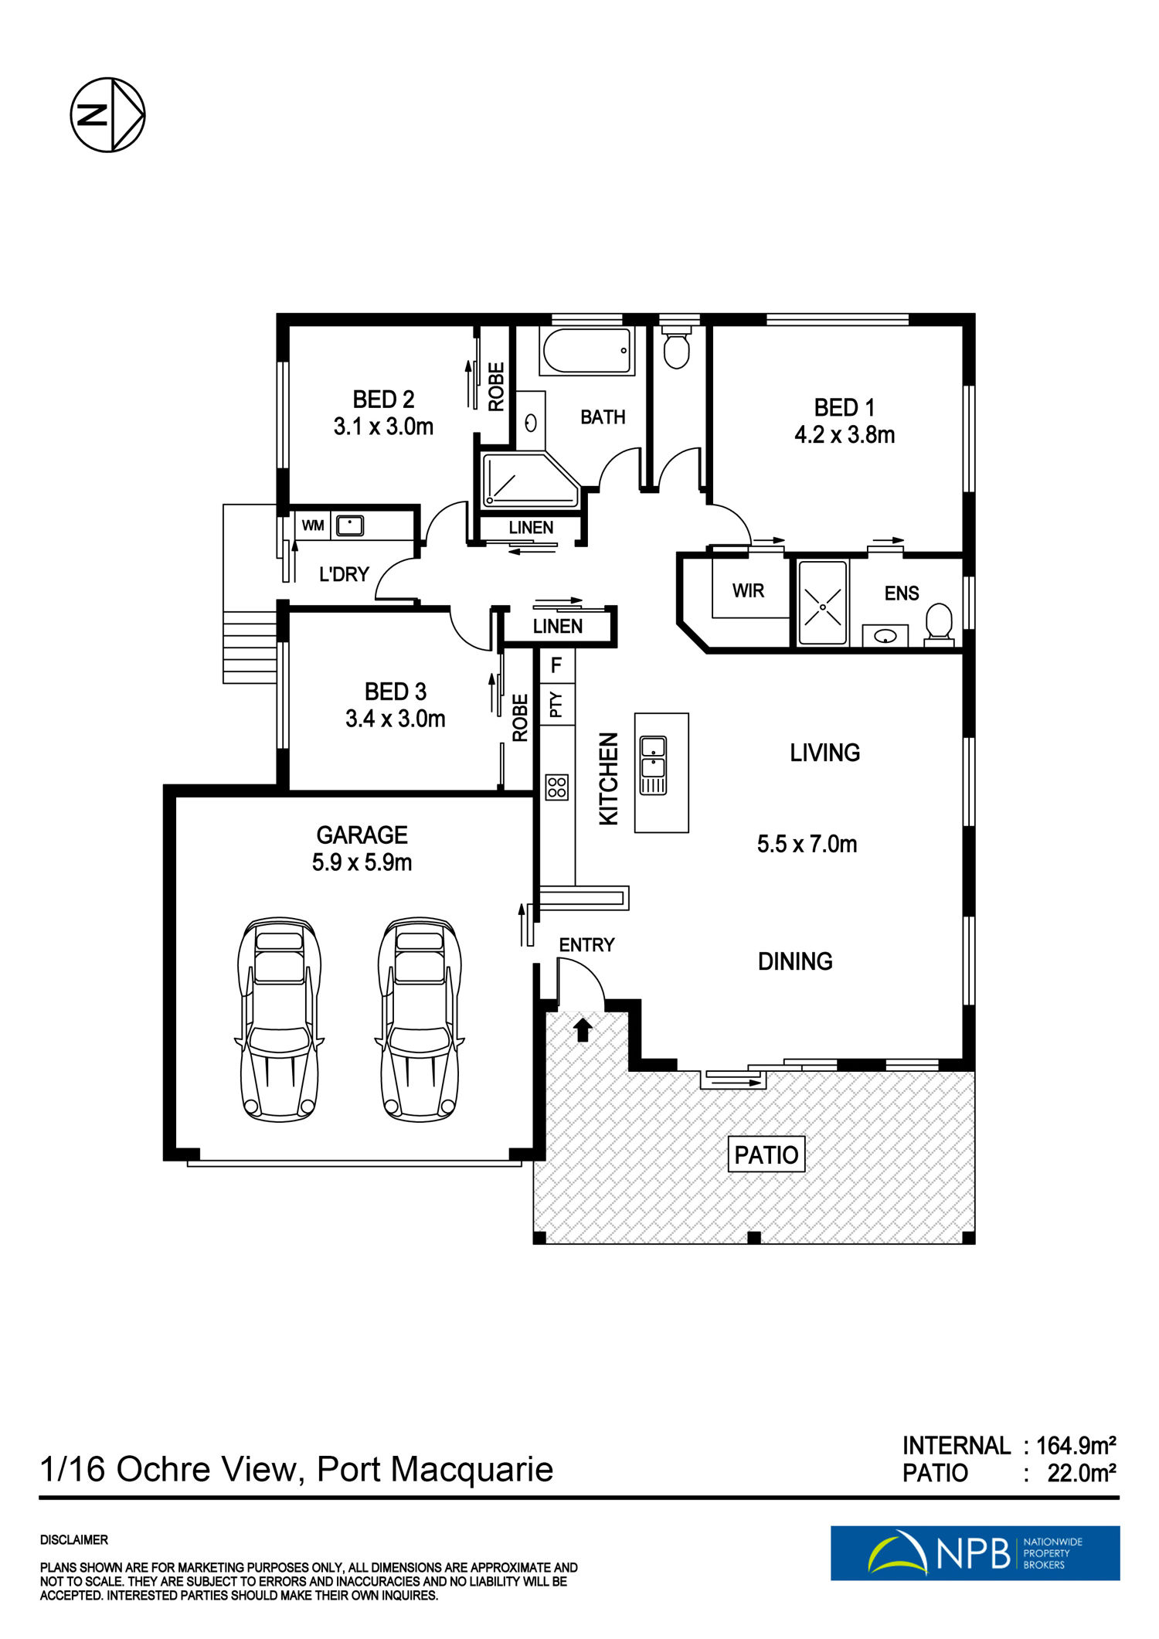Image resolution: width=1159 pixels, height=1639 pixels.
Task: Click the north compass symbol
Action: click(107, 114)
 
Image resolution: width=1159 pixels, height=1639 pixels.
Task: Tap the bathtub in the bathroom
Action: click(587, 352)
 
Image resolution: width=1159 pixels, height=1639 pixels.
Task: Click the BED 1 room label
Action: click(845, 407)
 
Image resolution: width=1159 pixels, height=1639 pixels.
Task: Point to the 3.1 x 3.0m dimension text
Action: click(383, 427)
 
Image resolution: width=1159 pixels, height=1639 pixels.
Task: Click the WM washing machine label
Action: click(313, 525)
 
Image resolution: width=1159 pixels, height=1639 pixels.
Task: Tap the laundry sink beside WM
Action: click(350, 525)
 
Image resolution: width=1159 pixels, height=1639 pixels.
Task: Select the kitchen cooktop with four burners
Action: click(557, 787)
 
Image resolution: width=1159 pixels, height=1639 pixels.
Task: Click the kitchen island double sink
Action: click(653, 765)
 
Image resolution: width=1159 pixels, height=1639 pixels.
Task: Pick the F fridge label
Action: click(556, 665)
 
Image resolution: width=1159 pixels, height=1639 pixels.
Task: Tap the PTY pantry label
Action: click(556, 704)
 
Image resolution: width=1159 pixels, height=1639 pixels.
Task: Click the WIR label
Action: click(748, 591)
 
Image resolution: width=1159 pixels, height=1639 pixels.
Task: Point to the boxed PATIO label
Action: click(766, 1154)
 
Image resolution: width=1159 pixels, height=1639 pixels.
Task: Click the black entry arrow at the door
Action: click(583, 1030)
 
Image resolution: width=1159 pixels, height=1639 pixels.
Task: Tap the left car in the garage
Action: click(280, 1019)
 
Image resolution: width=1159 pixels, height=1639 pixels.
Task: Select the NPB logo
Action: click(975, 1552)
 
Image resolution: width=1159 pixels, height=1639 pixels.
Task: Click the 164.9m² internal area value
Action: click(1076, 1445)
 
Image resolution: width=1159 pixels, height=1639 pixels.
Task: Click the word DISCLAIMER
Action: click(74, 1539)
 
